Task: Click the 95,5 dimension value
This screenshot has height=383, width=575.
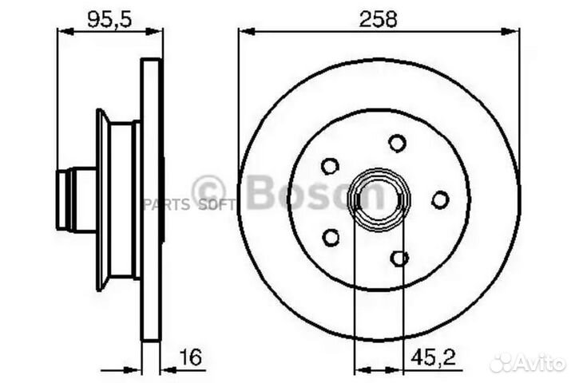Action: click(x=105, y=19)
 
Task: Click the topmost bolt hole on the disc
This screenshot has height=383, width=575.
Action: click(x=397, y=143)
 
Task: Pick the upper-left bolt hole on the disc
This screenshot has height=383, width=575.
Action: click(x=330, y=166)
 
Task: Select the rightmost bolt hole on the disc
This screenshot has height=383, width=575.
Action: click(x=440, y=199)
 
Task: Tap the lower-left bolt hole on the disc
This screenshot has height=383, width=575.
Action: click(x=330, y=236)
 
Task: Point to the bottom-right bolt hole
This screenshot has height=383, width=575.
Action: click(x=400, y=258)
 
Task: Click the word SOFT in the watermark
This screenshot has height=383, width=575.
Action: click(x=217, y=205)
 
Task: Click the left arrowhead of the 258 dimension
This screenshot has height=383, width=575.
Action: click(x=244, y=32)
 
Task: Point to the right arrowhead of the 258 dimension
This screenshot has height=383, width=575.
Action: click(x=515, y=32)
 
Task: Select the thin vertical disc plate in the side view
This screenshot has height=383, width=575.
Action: click(x=151, y=199)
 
